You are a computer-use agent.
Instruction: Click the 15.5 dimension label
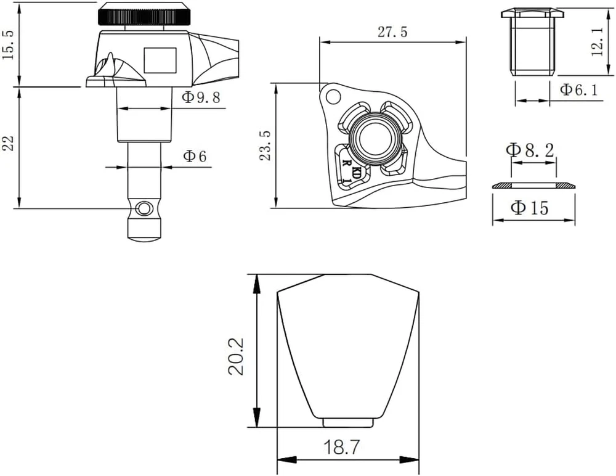pos(9,44)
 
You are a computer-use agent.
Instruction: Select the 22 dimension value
pos(9,143)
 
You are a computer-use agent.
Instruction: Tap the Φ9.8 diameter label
pos(201,97)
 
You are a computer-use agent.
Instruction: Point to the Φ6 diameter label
pos(195,156)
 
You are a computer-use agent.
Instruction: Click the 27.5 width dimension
pos(392,32)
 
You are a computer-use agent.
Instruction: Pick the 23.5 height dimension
pos(266,146)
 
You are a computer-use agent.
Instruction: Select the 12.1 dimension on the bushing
pos(598,41)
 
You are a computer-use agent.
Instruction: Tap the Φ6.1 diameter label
pos(578,89)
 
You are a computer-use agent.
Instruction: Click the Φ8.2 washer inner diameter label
pos(530,149)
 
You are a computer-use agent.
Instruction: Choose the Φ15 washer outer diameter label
pos(530,207)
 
